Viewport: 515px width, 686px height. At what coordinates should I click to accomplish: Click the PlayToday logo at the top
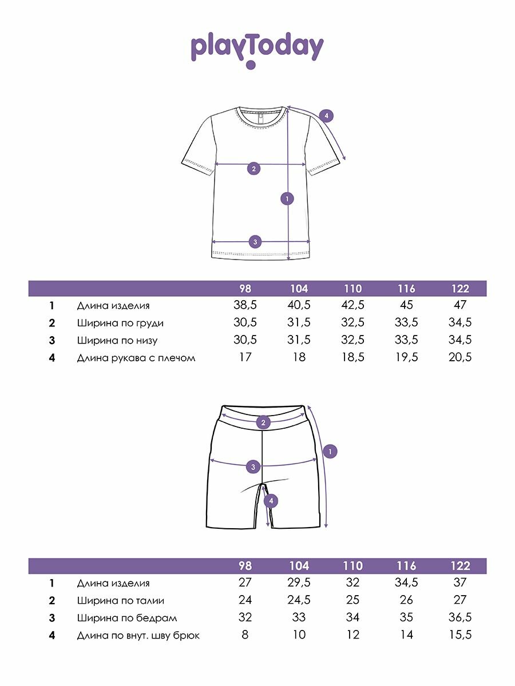tap(257, 50)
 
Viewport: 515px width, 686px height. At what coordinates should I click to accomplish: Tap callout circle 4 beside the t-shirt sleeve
tap(326, 116)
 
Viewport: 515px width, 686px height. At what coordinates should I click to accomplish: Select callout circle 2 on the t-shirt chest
tap(253, 168)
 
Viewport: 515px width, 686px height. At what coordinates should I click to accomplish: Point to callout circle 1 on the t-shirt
tap(287, 198)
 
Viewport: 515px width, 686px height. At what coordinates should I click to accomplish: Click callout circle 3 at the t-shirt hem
tap(256, 241)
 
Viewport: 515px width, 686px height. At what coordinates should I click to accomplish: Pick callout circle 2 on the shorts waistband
tap(263, 423)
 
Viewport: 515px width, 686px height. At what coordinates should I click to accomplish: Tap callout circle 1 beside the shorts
tap(330, 452)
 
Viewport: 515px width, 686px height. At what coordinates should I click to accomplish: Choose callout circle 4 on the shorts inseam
tap(272, 501)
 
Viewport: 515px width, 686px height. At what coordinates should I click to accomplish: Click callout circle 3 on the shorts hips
tap(253, 467)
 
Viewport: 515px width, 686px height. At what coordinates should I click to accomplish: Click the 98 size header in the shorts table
tap(245, 566)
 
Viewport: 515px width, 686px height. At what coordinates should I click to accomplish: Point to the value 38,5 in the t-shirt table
tap(245, 306)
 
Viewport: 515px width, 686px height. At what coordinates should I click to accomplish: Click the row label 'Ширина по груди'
tap(120, 323)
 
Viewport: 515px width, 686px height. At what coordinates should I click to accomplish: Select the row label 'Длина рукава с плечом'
tap(136, 358)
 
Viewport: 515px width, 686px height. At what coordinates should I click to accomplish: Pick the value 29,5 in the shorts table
tap(299, 583)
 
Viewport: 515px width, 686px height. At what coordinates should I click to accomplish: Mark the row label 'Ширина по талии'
tap(121, 600)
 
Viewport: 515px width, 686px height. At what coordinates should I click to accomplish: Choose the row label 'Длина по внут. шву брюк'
tap(138, 635)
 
